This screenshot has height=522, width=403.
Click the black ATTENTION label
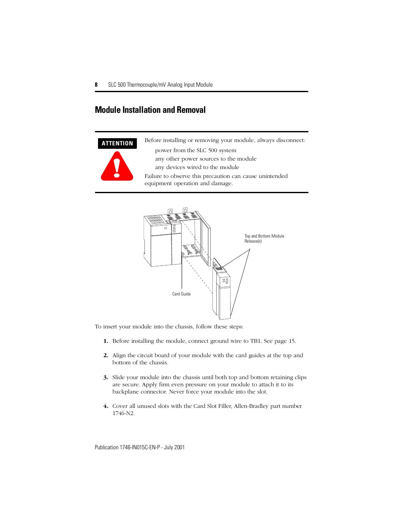pos(117,144)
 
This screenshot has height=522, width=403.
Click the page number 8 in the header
pos(96,85)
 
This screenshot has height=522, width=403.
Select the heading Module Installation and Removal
pos(150,110)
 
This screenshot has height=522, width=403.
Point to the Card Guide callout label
pos(181,294)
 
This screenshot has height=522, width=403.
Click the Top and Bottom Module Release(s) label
pos(264,239)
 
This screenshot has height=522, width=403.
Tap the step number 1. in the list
pos(106,341)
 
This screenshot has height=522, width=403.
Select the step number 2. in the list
pos(106,355)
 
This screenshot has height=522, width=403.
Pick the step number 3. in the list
pos(106,377)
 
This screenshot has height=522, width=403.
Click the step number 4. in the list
pos(106,406)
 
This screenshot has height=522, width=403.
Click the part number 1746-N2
pos(123,413)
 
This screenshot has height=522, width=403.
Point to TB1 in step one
pos(256,341)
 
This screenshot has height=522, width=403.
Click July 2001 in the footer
pos(174,448)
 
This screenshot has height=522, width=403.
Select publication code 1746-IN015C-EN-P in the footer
pos(140,448)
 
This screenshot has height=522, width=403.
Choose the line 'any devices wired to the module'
pos(197,167)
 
